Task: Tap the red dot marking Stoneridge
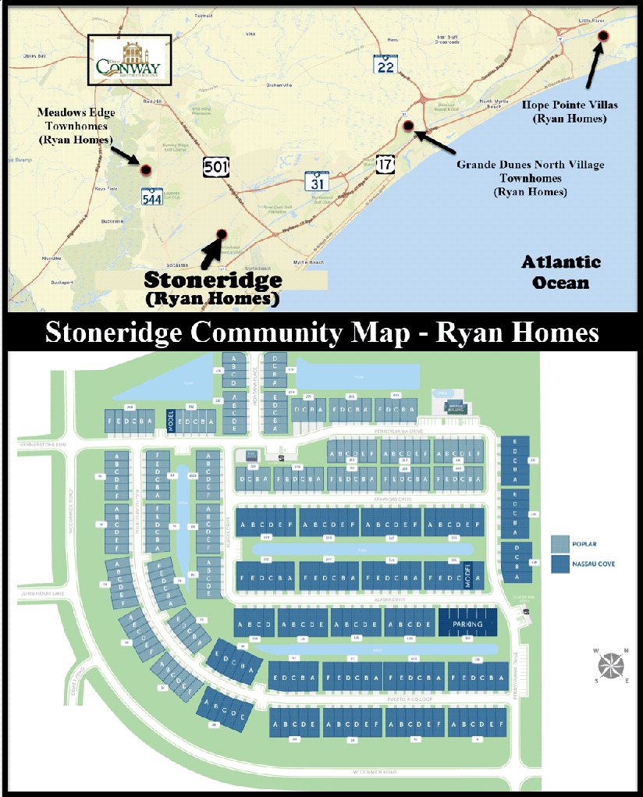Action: (221, 233)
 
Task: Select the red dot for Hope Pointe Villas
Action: (602, 36)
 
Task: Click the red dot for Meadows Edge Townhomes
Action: (144, 169)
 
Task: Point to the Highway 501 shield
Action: (216, 166)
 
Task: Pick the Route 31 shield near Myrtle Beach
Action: (316, 182)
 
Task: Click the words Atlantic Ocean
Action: (561, 272)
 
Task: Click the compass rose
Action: (611, 665)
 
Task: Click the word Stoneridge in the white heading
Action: (115, 332)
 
